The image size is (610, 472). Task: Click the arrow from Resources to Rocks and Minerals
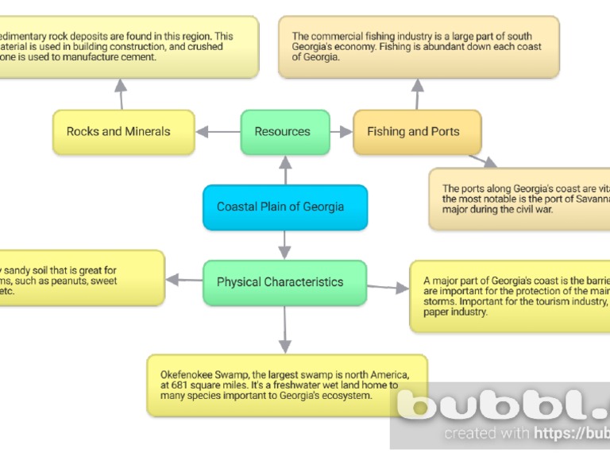tap(218, 132)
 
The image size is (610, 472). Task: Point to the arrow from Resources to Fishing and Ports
tap(341, 132)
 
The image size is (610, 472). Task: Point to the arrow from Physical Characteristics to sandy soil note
tap(183, 280)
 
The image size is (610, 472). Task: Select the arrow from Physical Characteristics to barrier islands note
tap(388, 287)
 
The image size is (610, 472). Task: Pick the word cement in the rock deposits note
tap(141, 57)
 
